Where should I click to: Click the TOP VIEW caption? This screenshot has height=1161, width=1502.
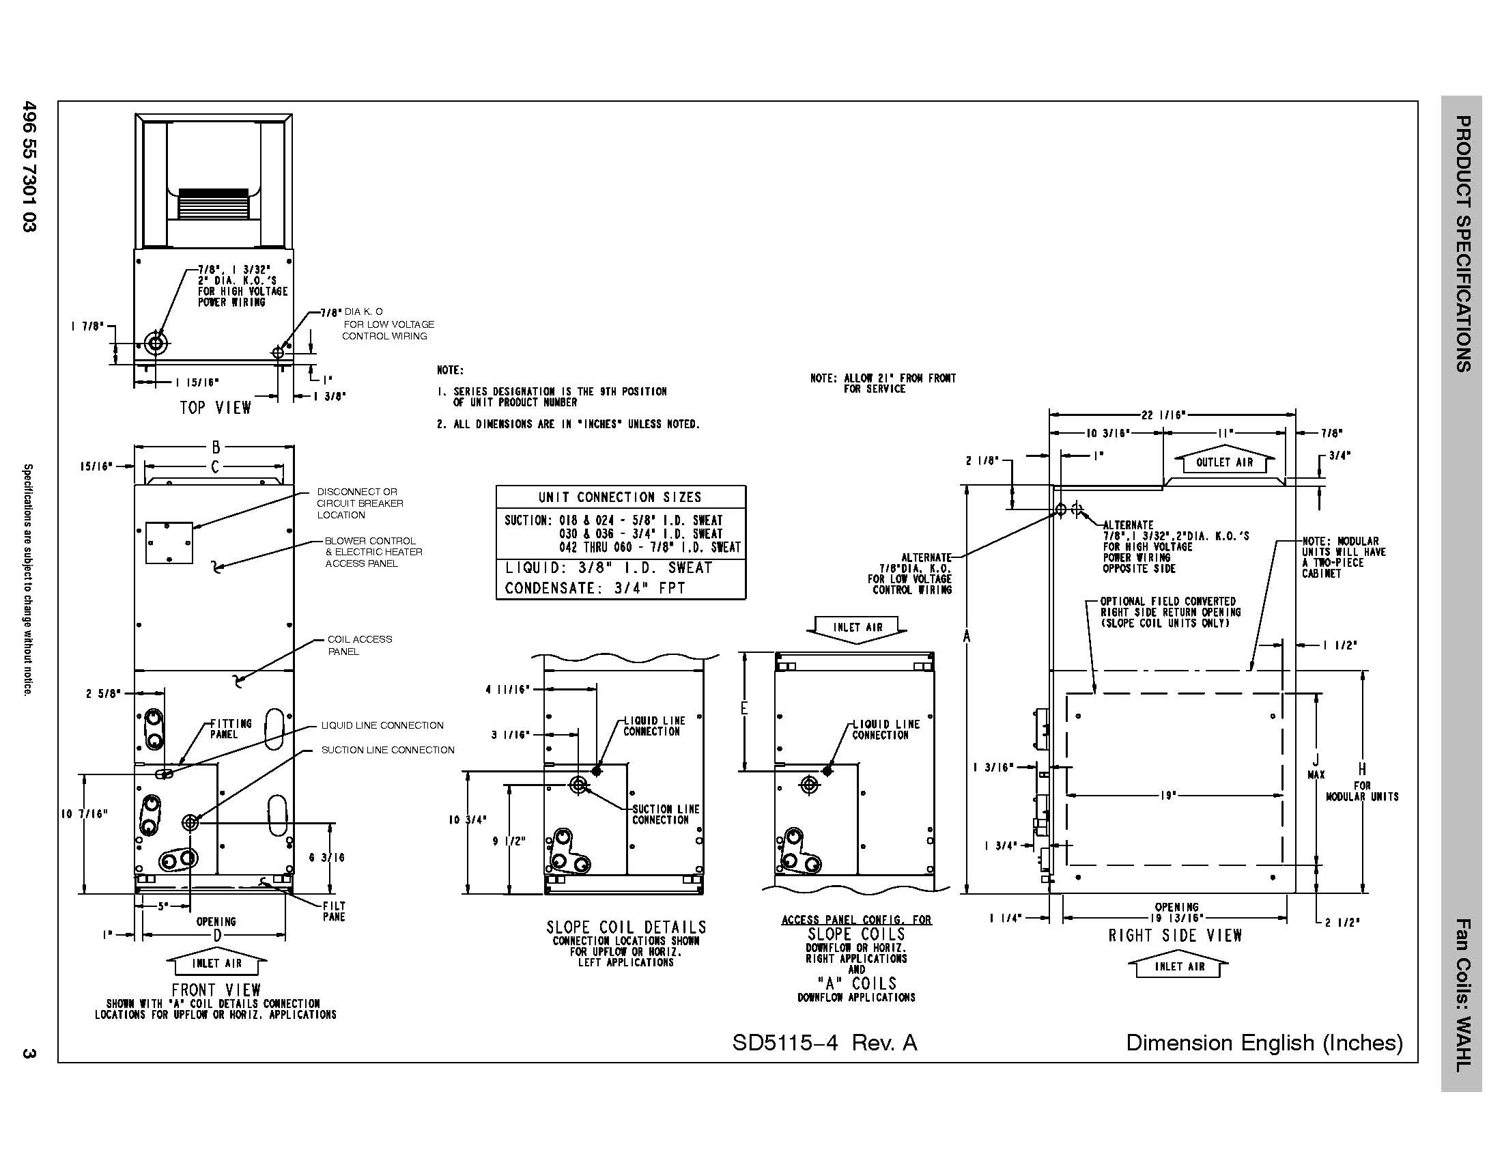tap(215, 408)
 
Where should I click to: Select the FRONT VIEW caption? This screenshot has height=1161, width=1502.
tap(216, 990)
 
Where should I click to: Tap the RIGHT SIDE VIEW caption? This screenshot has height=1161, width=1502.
tap(1175, 936)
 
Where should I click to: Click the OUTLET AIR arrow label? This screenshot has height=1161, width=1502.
tap(1224, 462)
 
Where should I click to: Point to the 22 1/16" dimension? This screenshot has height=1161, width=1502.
tap(1162, 415)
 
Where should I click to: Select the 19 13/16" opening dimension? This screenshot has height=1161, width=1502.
tap(1176, 917)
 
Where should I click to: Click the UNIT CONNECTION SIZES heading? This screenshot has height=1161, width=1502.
tap(620, 497)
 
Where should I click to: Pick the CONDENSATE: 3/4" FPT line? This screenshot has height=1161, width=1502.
tap(595, 588)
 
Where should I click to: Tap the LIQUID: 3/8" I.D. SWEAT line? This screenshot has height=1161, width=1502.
tap(608, 568)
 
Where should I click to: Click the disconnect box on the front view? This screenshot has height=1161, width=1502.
tap(169, 543)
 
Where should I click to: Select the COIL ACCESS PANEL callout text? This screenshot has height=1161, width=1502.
tap(359, 645)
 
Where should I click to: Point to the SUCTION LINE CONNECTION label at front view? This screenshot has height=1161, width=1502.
tap(387, 750)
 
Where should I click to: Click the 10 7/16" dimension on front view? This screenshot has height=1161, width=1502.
tap(85, 814)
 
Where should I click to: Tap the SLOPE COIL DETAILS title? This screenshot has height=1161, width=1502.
tap(626, 927)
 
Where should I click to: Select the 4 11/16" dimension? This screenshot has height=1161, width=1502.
tap(507, 689)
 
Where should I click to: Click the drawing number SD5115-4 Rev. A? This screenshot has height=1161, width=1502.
tap(824, 1043)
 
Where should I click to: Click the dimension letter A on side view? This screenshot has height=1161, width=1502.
tap(966, 637)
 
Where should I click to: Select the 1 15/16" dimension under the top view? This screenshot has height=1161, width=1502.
tap(197, 383)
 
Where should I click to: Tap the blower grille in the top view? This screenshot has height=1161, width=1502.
tap(213, 204)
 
